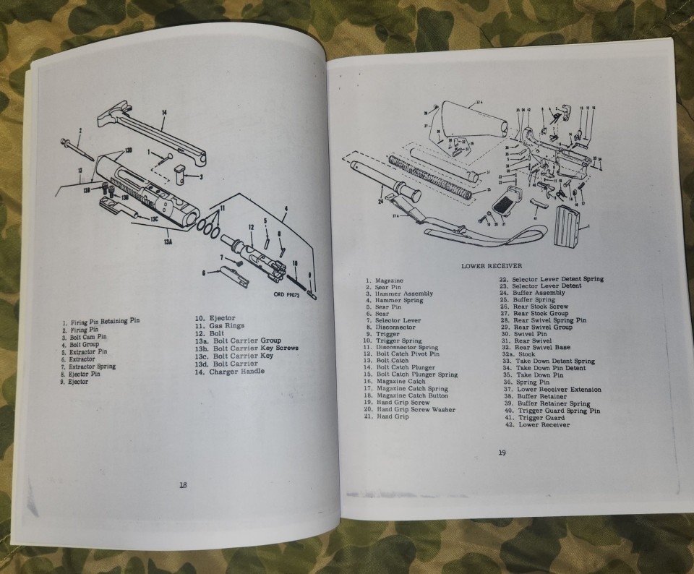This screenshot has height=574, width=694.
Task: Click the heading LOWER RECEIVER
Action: [x=493, y=266]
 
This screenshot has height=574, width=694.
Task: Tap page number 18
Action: [x=184, y=484]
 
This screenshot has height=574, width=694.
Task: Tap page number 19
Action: [x=502, y=453]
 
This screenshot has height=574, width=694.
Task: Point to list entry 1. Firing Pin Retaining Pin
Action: [x=98, y=322]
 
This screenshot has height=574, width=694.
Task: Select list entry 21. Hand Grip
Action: [x=387, y=416]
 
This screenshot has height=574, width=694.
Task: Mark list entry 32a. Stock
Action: [x=526, y=354]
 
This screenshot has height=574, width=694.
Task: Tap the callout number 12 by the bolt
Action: [x=252, y=227]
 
